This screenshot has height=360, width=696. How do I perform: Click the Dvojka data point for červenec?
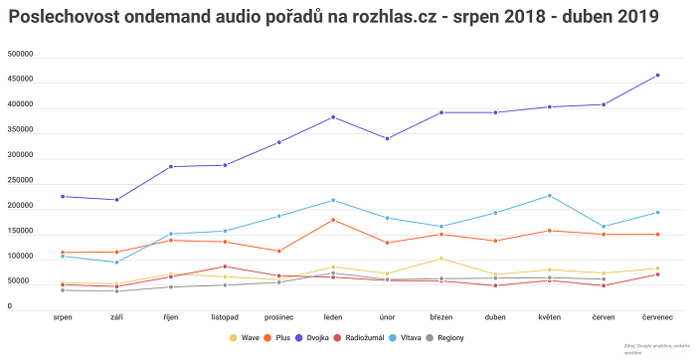click(657, 75)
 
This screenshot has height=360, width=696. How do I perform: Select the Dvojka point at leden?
click(333, 117)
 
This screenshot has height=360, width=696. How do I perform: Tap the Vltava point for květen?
click(549, 195)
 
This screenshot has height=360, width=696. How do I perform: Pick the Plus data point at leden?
click(333, 220)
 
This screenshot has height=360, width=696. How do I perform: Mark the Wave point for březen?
click(440, 259)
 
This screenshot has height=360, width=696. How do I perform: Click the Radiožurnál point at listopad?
click(225, 267)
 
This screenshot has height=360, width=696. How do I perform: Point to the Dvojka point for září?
click(116, 200)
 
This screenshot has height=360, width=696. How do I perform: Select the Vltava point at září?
click(116, 263)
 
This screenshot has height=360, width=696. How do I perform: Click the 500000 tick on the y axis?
click(20, 55)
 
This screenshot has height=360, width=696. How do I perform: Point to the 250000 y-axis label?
click(20, 181)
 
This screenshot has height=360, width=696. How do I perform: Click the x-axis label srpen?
click(63, 318)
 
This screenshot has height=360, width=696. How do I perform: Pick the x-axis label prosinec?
click(278, 318)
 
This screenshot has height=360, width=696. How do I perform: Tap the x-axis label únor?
click(387, 318)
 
